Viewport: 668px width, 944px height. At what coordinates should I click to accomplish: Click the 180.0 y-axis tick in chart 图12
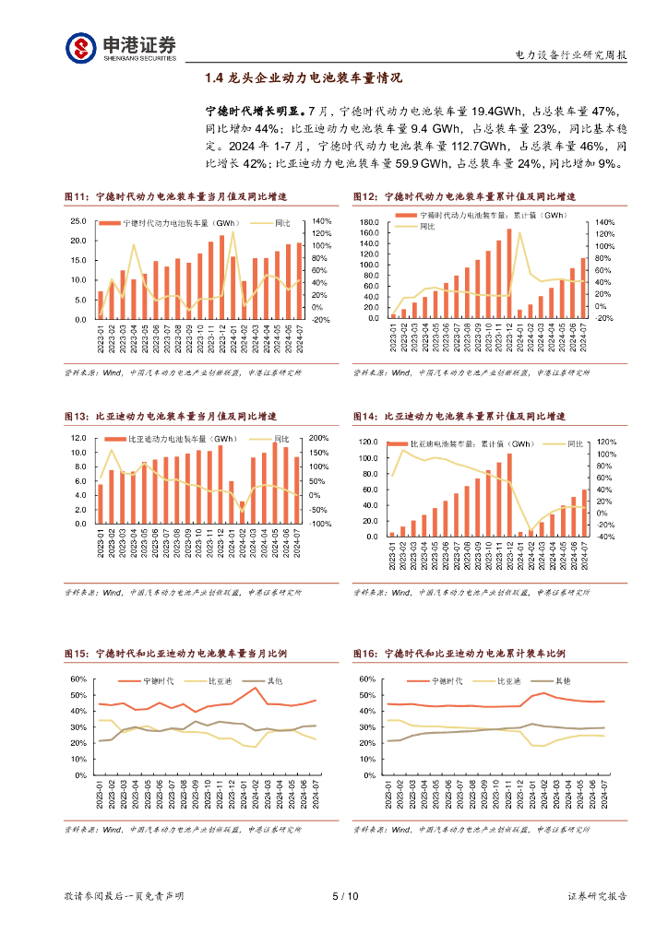point(369,223)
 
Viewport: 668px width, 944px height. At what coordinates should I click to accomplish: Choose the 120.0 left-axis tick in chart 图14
point(369,442)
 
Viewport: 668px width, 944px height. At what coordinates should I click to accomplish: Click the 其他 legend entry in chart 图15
point(275,681)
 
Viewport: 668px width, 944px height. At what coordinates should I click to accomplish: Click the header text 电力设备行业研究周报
point(570,54)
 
